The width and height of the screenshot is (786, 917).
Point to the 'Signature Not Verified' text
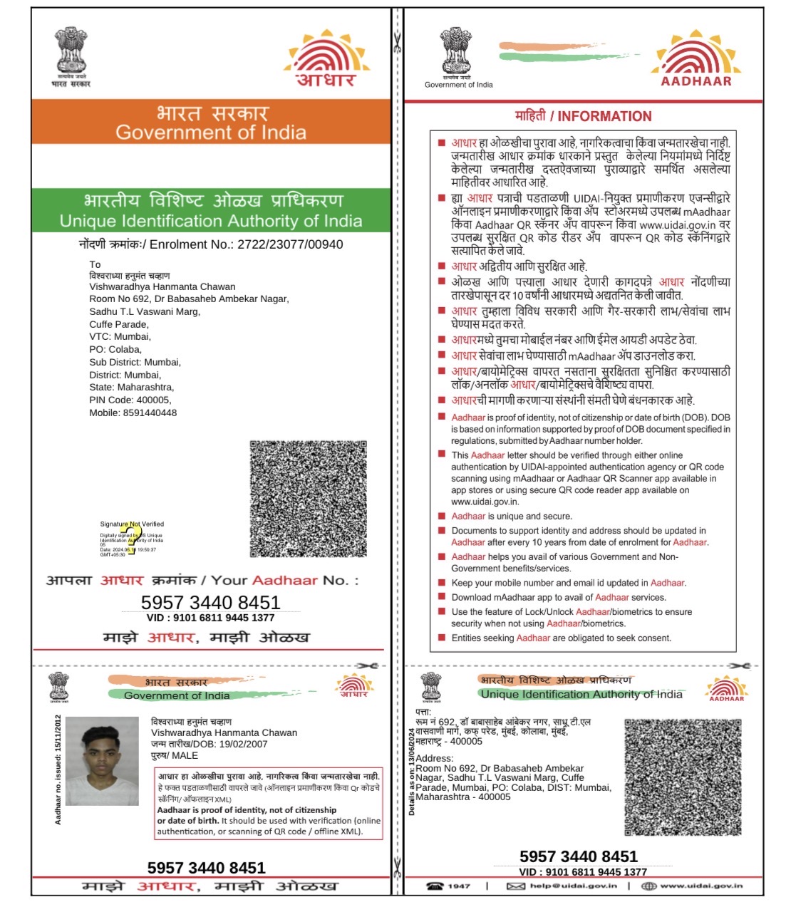coord(132,524)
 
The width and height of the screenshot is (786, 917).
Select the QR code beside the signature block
coord(308,499)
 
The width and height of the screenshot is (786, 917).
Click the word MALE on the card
coord(185,755)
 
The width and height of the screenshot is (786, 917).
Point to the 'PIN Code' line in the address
coord(130,400)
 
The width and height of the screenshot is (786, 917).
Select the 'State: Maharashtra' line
coord(131,387)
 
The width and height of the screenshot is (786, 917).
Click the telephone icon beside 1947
coord(434,886)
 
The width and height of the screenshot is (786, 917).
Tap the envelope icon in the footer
coord(515,886)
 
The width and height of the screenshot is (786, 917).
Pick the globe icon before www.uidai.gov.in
coord(648,886)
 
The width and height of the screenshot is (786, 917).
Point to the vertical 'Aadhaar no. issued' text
coord(58,770)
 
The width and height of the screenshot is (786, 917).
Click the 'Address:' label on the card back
coord(434,758)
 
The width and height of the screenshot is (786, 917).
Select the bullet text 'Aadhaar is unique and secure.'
coord(511,516)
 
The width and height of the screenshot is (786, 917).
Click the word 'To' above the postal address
coord(95,264)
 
